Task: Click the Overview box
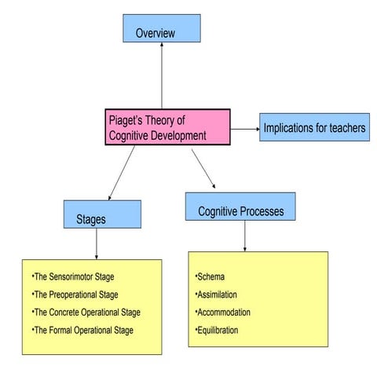(x=161, y=28)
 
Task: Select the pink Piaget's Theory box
(x=167, y=127)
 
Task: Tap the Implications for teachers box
(x=314, y=127)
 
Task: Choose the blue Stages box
(x=102, y=214)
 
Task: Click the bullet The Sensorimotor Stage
(x=75, y=278)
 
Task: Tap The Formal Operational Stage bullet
(x=82, y=330)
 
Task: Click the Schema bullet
(x=210, y=278)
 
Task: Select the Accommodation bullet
(x=222, y=313)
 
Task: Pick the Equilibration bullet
(x=219, y=330)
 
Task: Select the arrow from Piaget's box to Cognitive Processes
(x=203, y=167)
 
